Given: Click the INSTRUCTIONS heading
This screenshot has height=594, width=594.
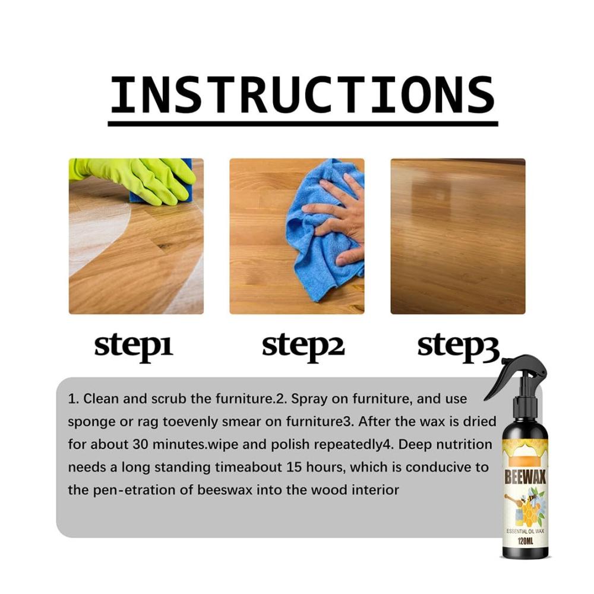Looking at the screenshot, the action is (303, 94).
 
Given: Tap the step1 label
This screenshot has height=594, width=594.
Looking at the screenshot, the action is (133, 347).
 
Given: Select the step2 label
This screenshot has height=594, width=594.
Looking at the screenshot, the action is (303, 347).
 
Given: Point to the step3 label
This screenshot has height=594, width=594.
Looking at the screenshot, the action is (459, 347).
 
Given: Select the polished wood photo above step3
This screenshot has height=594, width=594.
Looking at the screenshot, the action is (458, 236).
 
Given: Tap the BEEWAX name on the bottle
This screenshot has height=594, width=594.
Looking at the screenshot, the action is (525, 478).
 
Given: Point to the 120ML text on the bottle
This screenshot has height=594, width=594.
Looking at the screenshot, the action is (525, 541).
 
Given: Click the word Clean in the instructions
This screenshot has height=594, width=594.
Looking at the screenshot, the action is (101, 399).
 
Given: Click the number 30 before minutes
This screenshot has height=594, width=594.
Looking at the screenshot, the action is (141, 444).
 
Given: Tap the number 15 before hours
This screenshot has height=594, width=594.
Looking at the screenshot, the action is (294, 467).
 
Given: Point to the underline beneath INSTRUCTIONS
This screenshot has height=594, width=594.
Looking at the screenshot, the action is (303, 124).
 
